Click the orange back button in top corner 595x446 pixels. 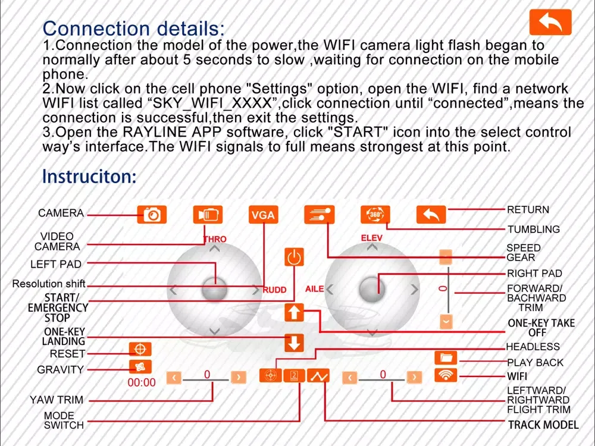550,23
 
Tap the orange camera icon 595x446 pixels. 152,215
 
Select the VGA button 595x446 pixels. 263,215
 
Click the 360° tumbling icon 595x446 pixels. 375,215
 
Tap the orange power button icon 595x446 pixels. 294,257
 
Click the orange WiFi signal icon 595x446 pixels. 445,375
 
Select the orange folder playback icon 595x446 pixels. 445,357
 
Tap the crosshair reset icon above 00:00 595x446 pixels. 140,349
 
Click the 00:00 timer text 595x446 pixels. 142,383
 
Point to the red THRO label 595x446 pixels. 215,240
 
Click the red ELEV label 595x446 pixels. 372,238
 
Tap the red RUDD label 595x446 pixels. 275,290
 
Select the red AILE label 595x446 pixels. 315,289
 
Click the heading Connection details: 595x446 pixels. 134,28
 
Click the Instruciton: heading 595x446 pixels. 89,177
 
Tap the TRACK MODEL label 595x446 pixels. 543,425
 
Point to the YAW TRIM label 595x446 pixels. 57,400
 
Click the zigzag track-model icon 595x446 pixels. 319,376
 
